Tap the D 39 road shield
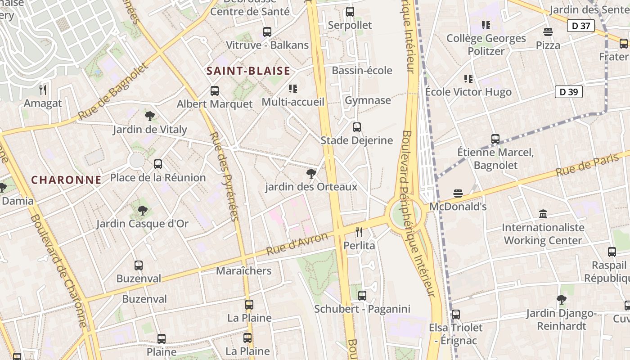tap(568, 92)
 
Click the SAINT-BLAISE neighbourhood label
tap(248, 71)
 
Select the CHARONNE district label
tap(66, 180)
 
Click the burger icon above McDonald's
tap(458, 193)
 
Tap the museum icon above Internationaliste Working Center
tap(543, 214)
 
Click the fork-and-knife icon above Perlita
tap(359, 232)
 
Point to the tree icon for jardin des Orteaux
tap(310, 173)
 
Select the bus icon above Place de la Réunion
tap(157, 164)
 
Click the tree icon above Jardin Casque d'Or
tap(142, 210)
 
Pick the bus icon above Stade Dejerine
tap(356, 127)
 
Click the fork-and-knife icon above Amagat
tap(43, 90)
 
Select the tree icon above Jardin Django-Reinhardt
tap(561, 299)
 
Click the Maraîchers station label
tap(243, 271)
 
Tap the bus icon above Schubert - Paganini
tap(362, 296)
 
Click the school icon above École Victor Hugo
tap(468, 79)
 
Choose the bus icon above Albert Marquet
tap(215, 91)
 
